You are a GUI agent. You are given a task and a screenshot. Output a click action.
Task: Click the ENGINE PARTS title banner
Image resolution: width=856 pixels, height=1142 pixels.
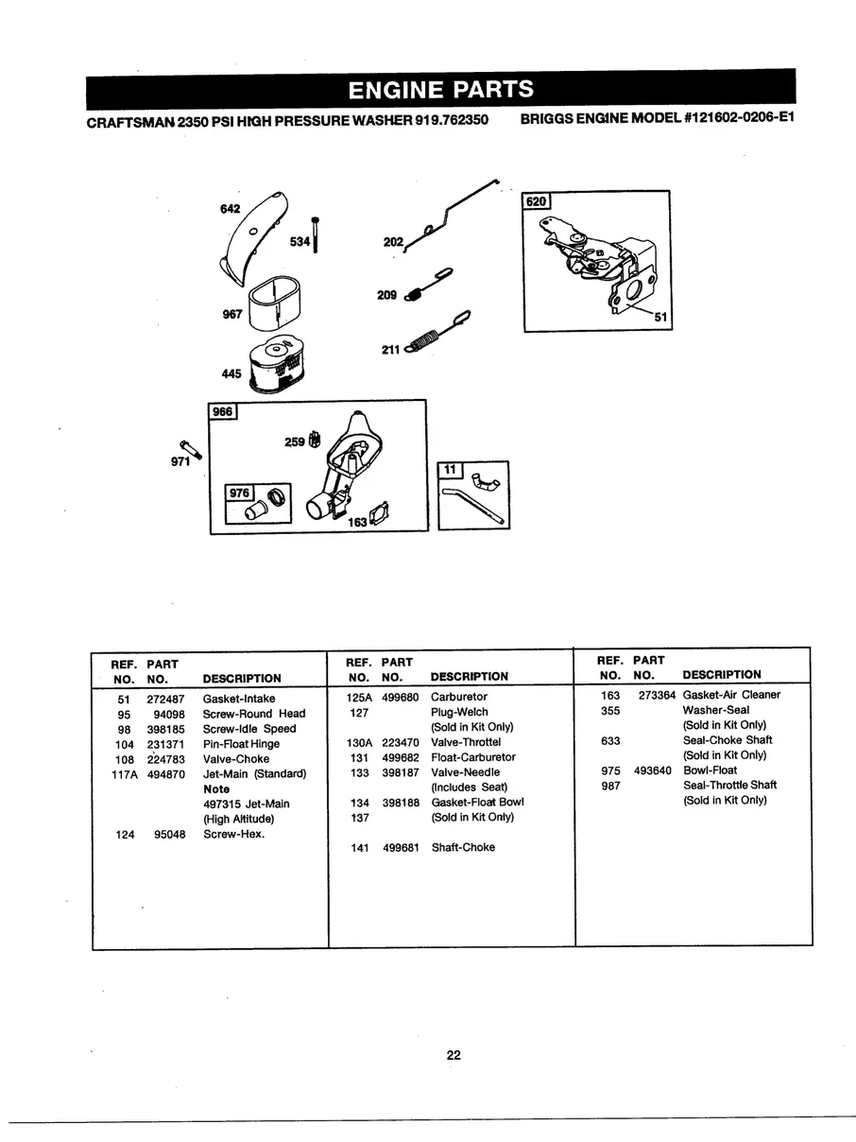[440, 90]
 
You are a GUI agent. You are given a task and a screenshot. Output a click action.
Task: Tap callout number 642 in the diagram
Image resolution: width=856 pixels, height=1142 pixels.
[230, 208]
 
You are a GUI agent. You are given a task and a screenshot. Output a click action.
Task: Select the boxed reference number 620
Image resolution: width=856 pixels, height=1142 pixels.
[537, 201]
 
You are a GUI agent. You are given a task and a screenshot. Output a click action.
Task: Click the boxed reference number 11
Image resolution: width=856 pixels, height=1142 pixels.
[450, 470]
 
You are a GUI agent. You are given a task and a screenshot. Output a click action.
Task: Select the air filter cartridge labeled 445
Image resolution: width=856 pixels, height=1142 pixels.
[275, 364]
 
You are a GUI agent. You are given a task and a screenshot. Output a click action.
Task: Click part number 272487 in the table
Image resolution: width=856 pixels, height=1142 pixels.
[166, 699]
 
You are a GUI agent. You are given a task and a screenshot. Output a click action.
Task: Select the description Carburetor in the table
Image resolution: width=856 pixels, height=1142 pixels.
[459, 697]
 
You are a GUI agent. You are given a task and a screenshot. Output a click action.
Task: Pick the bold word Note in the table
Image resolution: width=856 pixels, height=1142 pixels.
[216, 788]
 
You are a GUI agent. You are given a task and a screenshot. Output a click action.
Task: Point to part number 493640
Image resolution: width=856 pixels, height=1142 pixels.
[653, 770]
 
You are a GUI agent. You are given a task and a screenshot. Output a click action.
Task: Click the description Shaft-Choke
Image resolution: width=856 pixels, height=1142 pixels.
[463, 847]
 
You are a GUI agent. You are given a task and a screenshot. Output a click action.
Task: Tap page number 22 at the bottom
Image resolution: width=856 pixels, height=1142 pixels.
[454, 1055]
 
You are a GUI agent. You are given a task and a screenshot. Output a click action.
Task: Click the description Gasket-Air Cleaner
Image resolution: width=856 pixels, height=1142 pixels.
[731, 695]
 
